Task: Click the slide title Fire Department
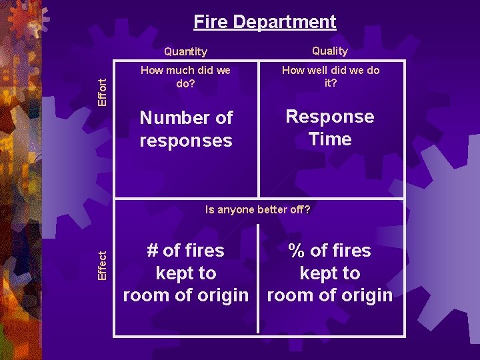point(265,22)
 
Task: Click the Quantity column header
point(185,51)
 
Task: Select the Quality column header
point(330,51)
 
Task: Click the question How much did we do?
point(185,76)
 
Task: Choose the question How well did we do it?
point(330,76)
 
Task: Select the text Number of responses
point(186,129)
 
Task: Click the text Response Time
point(330,127)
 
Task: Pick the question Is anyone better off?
point(257,209)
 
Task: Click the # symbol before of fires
point(152,251)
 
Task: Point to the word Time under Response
point(330,139)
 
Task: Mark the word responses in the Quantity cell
point(186,141)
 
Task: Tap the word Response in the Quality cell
point(330,116)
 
